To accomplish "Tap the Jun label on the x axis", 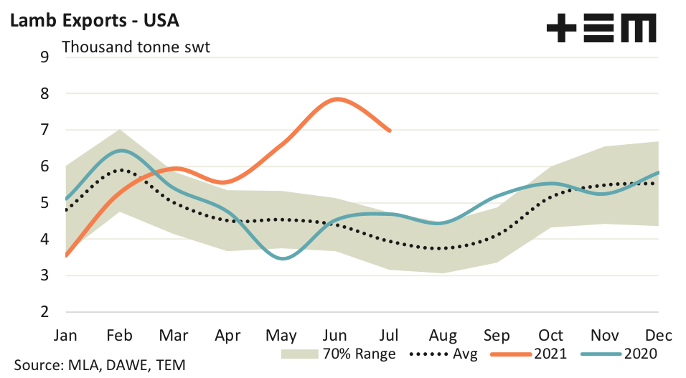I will (x=336, y=336).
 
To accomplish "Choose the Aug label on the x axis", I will (x=443, y=336).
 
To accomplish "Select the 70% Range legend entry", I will (x=337, y=354).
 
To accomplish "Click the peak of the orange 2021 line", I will (x=337, y=99).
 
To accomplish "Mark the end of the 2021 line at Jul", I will (x=390, y=131).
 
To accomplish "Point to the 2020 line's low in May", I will (x=283, y=258).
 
